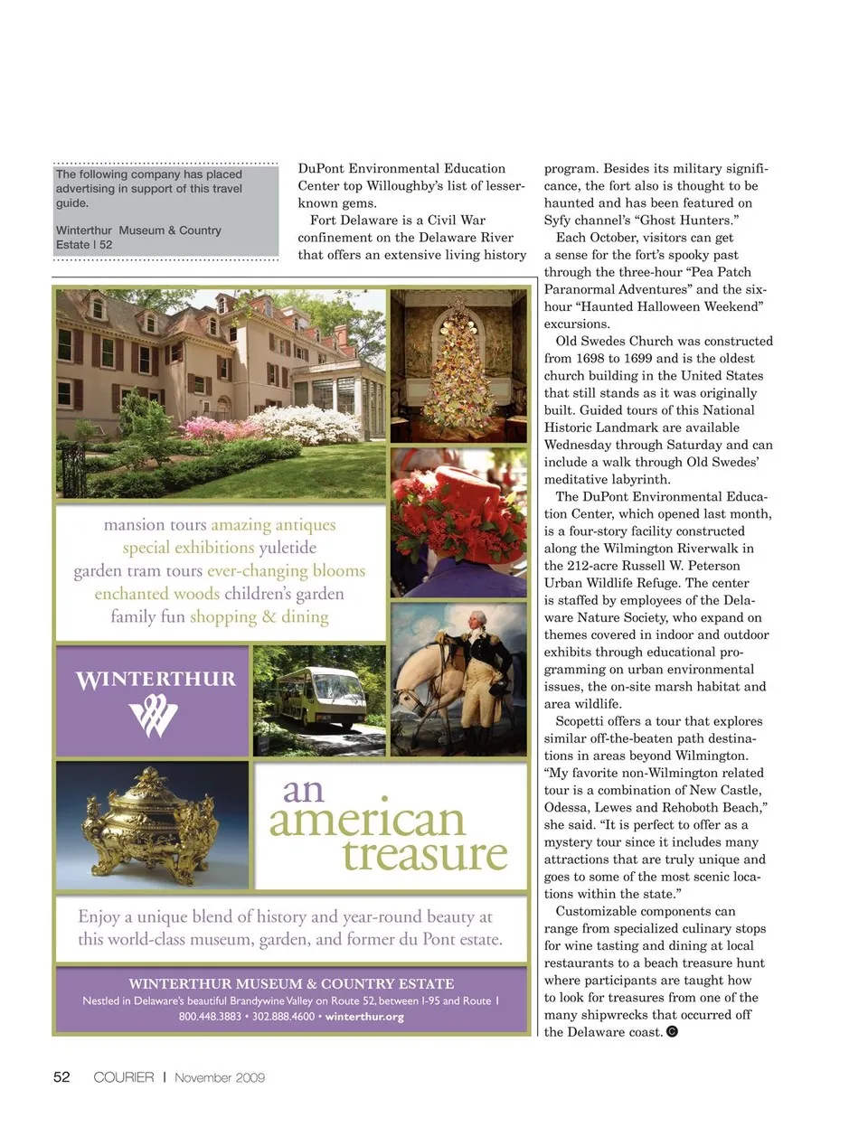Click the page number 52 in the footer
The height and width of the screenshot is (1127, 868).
point(61,1076)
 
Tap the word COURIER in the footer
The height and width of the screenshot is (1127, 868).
point(124,1076)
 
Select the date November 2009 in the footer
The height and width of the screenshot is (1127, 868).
point(220,1076)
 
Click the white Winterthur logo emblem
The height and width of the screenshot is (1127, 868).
point(154,718)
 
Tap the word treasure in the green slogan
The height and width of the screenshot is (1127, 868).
point(425,854)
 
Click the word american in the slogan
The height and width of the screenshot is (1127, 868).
point(367,821)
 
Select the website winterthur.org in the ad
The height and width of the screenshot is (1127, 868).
point(364,1017)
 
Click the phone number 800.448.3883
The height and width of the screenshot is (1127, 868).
point(210,1017)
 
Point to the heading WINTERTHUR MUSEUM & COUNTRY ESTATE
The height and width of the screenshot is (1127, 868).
point(291,983)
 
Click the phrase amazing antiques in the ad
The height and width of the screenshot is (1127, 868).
point(273,524)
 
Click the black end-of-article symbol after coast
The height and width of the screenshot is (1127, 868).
point(672,1032)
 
